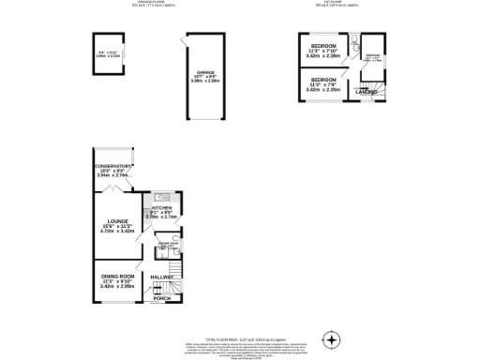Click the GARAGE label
click(x=205, y=70)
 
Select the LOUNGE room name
click(x=116, y=220)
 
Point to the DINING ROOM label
click(x=118, y=277)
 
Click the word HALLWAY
click(x=163, y=278)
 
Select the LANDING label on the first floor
click(x=366, y=91)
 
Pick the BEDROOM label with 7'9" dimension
click(x=324, y=80)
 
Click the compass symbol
click(x=330, y=337)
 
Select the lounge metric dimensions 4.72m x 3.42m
click(x=116, y=231)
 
